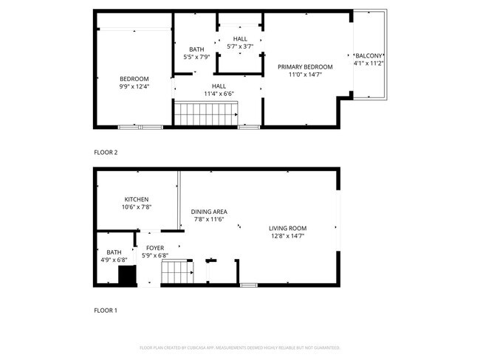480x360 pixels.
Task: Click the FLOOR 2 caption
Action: pyautogui.click(x=106, y=153)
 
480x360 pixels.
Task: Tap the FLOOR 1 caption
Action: pyautogui.click(x=106, y=311)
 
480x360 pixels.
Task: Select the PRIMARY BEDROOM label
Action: pyautogui.click(x=305, y=67)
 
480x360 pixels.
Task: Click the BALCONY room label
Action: pyautogui.click(x=368, y=55)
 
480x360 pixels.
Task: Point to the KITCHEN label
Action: pyautogui.click(x=137, y=200)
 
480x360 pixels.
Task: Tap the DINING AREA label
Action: pyautogui.click(x=210, y=212)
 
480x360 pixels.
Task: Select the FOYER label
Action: pyautogui.click(x=154, y=248)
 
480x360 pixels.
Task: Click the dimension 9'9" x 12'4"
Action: pyautogui.click(x=134, y=87)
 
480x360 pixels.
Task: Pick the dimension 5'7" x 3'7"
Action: pyautogui.click(x=241, y=46)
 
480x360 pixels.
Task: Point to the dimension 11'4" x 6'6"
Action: pyautogui.click(x=219, y=94)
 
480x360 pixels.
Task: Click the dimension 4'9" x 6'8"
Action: pyautogui.click(x=114, y=260)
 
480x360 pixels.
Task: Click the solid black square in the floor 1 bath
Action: pyautogui.click(x=127, y=276)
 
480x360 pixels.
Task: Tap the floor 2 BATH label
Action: pyautogui.click(x=196, y=49)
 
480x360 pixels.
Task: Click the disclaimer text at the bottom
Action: pyautogui.click(x=239, y=347)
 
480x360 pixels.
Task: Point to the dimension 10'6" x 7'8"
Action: pyautogui.click(x=137, y=208)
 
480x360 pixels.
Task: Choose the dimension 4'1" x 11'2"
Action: pyautogui.click(x=368, y=63)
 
